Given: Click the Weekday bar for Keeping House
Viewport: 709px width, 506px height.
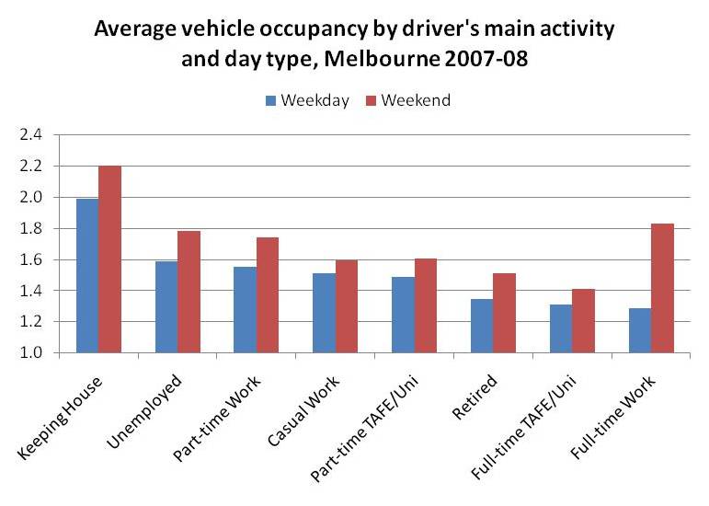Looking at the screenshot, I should [87, 276].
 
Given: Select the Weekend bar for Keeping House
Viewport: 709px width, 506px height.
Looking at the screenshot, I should [110, 259].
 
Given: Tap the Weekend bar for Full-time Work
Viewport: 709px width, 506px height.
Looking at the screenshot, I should [662, 288].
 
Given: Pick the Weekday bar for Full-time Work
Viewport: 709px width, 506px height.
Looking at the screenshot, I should [639, 330].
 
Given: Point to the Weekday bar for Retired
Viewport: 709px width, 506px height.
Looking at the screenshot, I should [482, 326].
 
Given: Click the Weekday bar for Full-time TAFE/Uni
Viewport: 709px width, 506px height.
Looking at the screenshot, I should [560, 328].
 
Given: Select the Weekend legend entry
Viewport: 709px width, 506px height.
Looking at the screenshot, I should [410, 101].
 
